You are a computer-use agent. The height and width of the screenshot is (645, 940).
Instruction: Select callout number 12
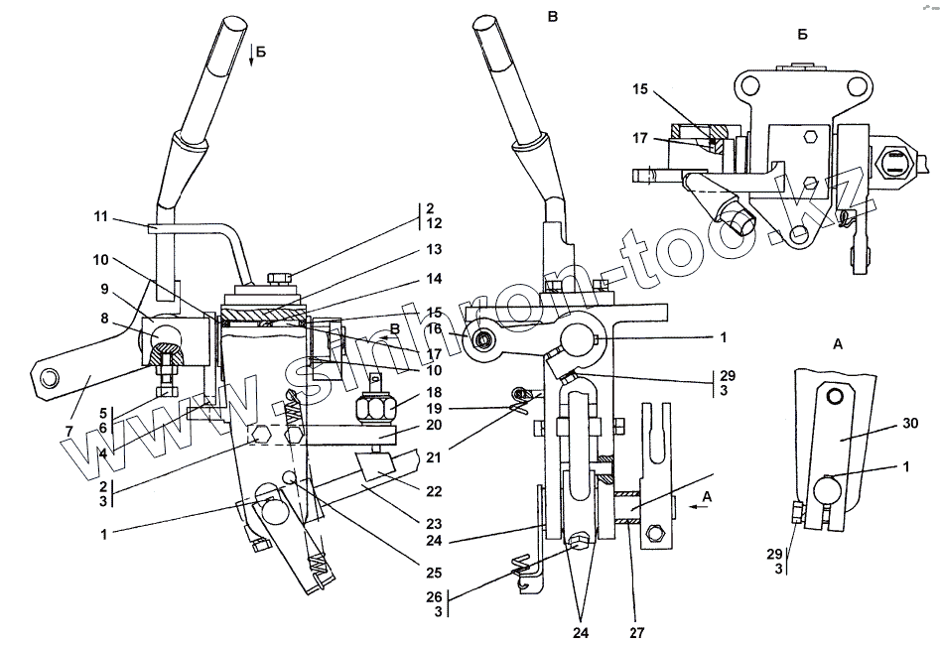(x=429, y=225)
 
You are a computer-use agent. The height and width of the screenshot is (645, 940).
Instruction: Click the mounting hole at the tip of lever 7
(x=48, y=377)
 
